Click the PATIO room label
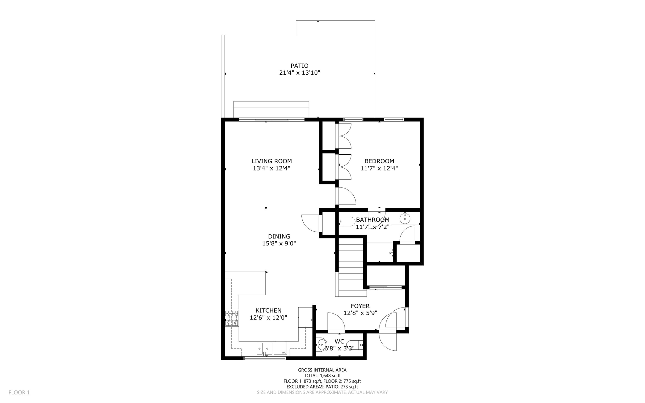point(299,66)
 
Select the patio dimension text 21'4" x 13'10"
point(300,73)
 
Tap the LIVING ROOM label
point(271,161)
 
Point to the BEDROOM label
point(379,161)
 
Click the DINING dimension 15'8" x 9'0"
point(279,243)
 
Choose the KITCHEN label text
point(268,310)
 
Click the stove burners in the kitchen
point(231,318)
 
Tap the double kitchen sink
point(264,348)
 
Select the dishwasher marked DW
point(280,348)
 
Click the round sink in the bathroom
point(405,218)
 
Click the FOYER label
point(360,306)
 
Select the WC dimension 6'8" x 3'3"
point(339,348)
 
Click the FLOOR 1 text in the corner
point(19,392)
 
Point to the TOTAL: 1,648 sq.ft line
point(322,376)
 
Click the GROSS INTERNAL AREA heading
point(322,370)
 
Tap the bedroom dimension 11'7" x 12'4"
point(379,168)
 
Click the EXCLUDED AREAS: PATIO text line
point(322,387)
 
